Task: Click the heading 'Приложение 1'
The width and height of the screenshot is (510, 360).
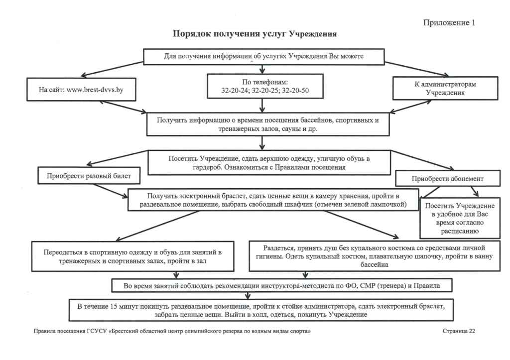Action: point(449,22)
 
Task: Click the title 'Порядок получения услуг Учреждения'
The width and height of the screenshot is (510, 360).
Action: point(255,34)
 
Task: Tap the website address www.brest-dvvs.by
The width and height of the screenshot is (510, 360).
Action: point(95,90)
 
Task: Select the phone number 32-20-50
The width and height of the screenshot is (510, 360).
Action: point(295,91)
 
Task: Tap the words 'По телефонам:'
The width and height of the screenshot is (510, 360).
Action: point(265,82)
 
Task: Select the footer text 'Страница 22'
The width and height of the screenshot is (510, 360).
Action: point(459,331)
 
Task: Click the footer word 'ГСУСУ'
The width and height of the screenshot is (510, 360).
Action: point(97,332)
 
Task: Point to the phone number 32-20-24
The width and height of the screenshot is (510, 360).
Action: point(235,91)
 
